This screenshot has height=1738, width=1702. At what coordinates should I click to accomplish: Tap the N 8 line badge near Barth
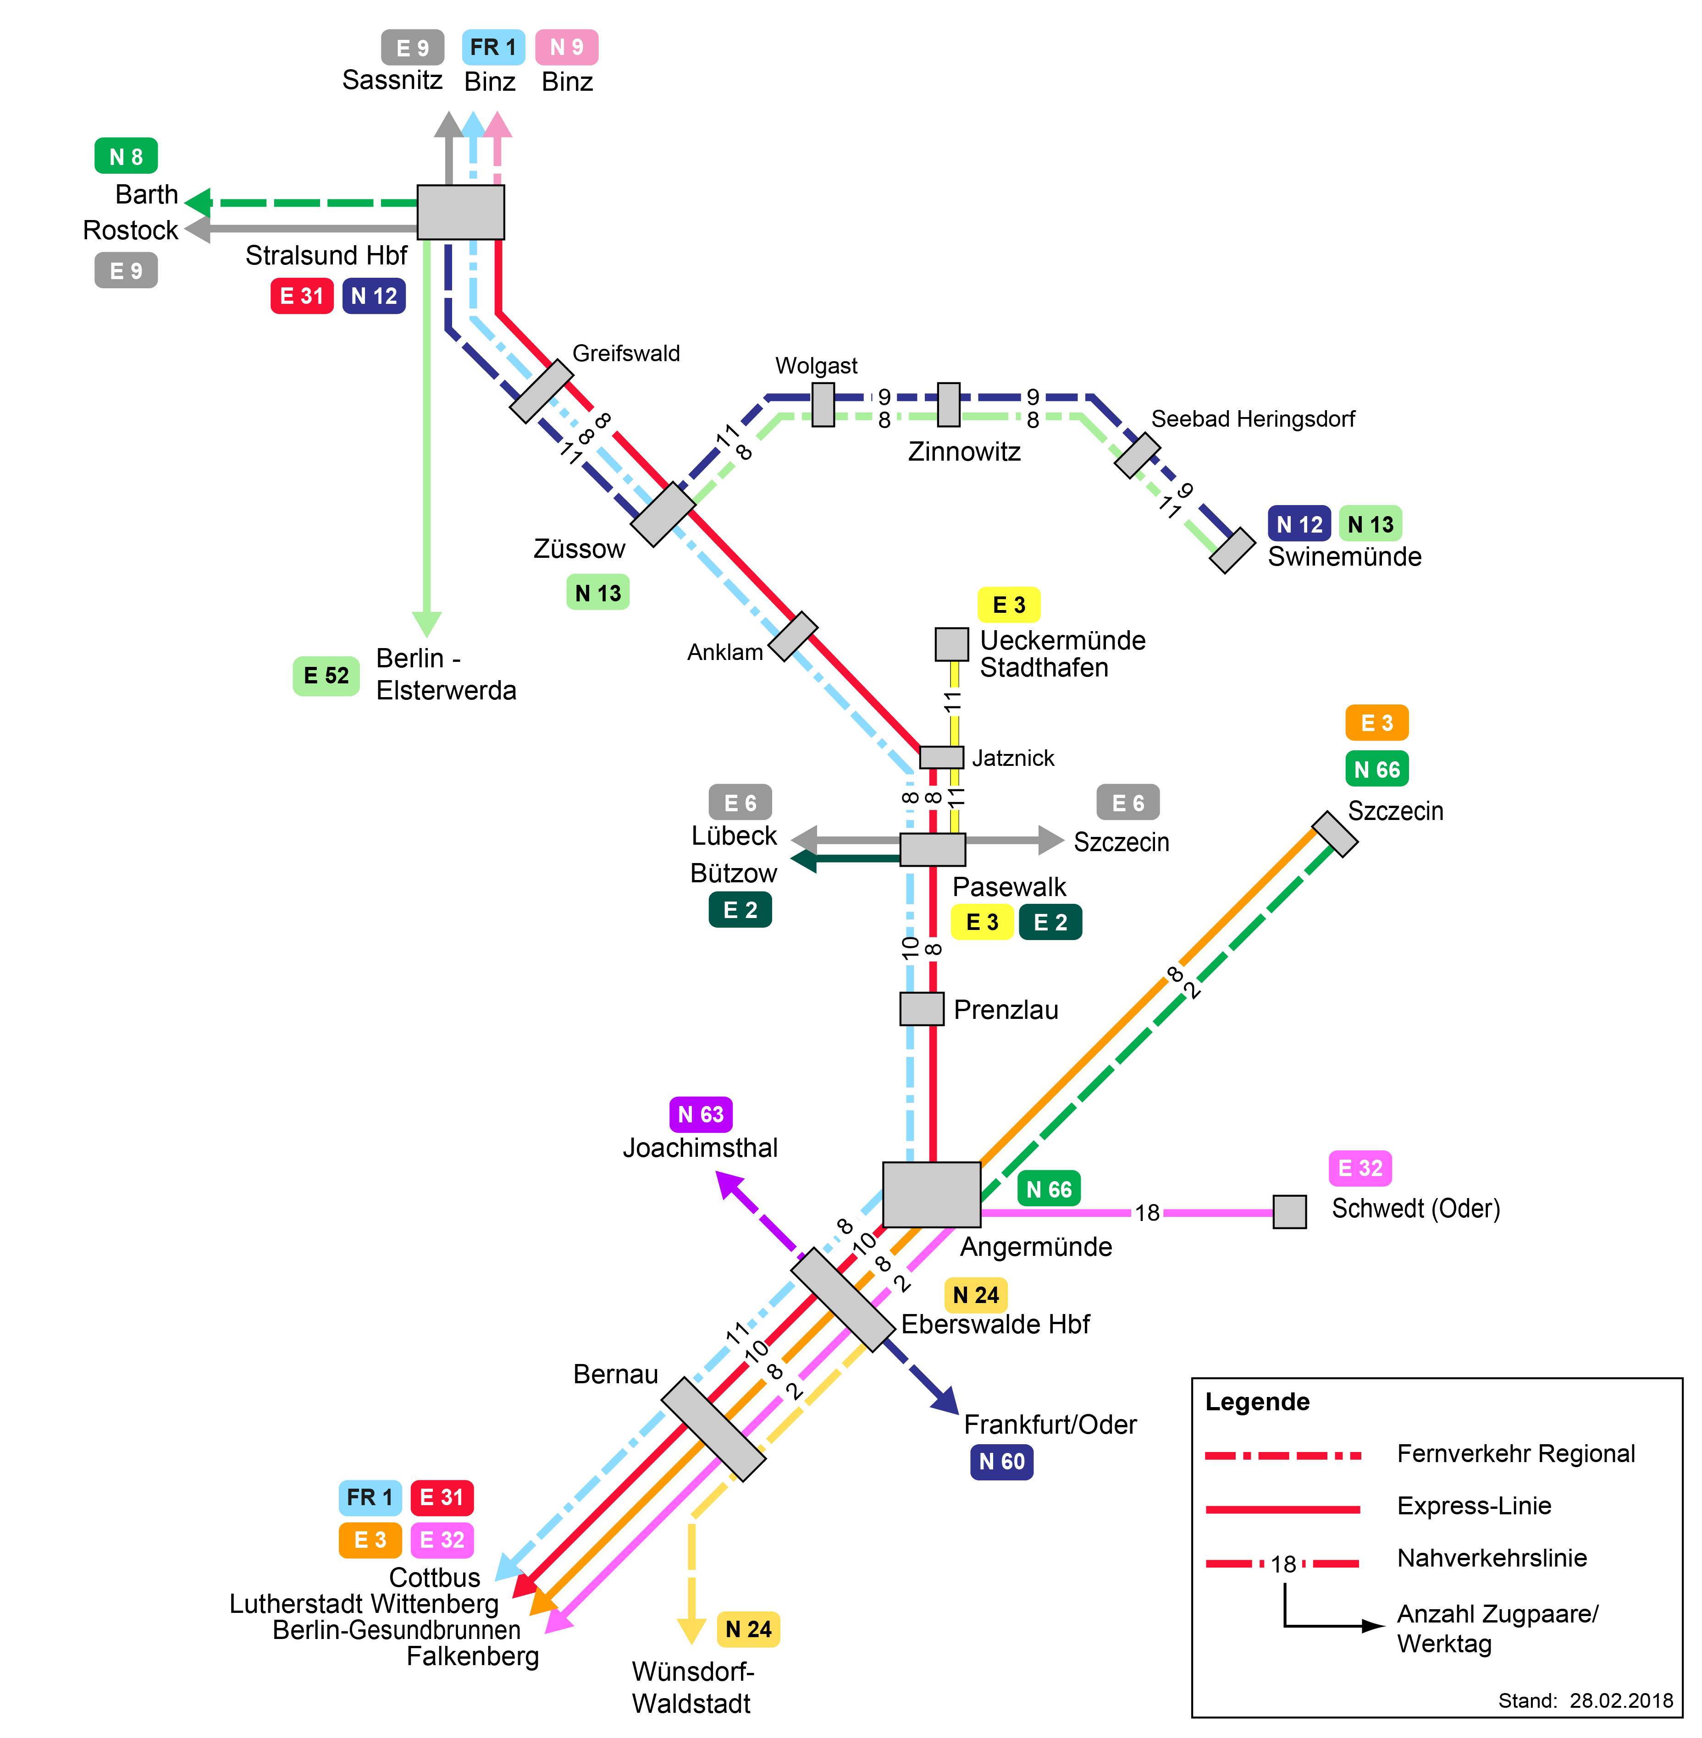point(126,156)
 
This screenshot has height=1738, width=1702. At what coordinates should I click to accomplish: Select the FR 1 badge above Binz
point(492,47)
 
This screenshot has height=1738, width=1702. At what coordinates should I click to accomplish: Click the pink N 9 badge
point(567,47)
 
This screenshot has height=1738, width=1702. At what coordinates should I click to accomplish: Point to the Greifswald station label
point(626,354)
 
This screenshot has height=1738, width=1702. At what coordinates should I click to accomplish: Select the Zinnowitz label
point(964,452)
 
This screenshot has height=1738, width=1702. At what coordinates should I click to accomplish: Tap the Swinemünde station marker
point(1232,550)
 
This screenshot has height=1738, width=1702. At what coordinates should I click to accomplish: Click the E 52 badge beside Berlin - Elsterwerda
point(326,676)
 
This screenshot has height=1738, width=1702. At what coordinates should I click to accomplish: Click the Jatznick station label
point(1013,759)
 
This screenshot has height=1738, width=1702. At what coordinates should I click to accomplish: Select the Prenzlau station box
point(922,1009)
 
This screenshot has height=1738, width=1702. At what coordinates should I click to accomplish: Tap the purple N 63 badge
point(701,1114)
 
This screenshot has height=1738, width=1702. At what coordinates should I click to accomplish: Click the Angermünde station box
point(931,1195)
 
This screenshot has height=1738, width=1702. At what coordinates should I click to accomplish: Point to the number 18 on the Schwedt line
point(1147,1213)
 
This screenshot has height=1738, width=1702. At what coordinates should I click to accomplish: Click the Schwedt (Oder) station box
point(1289,1212)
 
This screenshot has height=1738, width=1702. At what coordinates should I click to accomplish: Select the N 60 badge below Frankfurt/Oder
point(1001,1462)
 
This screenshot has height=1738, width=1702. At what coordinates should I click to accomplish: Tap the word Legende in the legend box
point(1257,1402)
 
